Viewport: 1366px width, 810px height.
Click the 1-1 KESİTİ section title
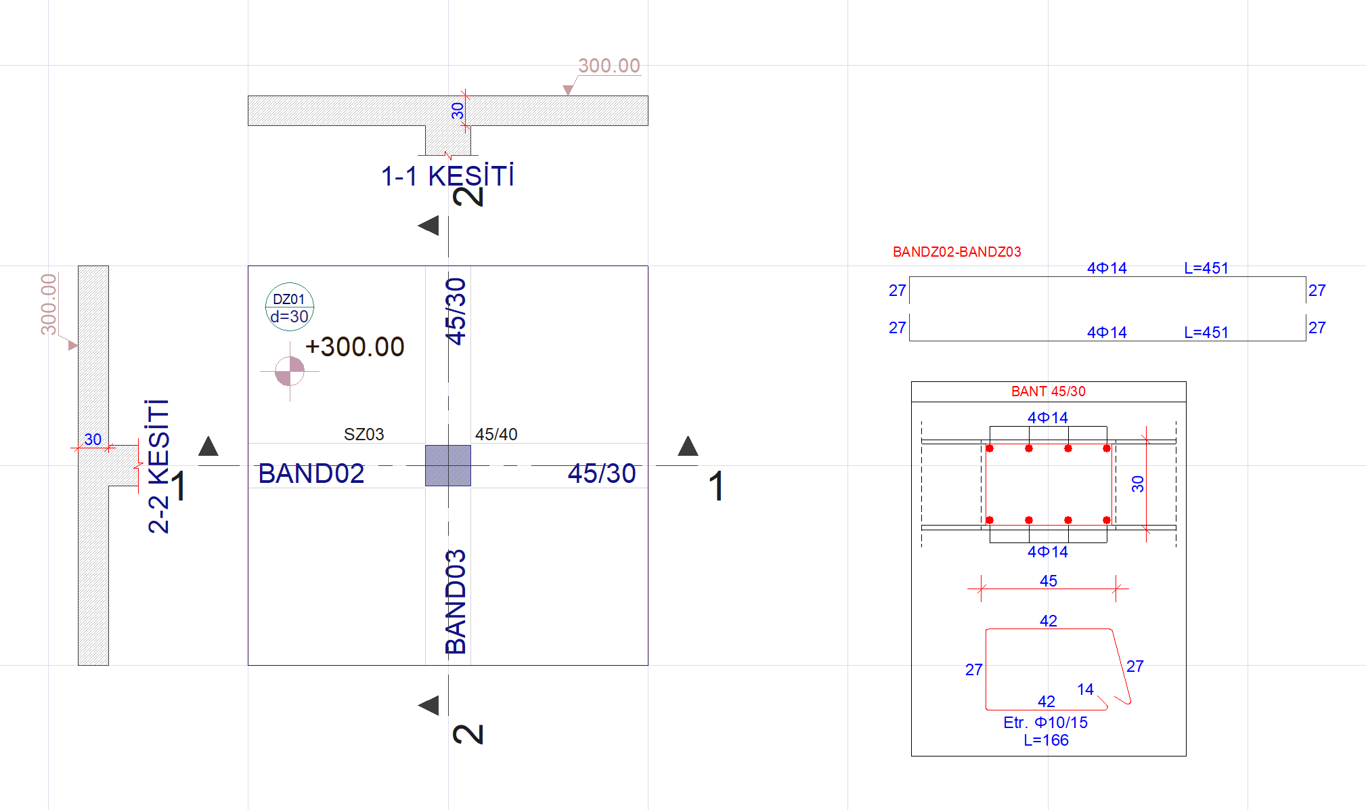pyautogui.click(x=447, y=176)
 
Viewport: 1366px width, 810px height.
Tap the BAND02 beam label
pyautogui.click(x=311, y=473)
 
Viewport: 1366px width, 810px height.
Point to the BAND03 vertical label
pyautogui.click(x=456, y=601)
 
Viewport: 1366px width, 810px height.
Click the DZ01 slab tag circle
pyautogui.click(x=290, y=307)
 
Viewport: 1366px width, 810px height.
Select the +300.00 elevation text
pyautogui.click(x=355, y=347)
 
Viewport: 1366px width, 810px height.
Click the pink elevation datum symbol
pyautogui.click(x=290, y=371)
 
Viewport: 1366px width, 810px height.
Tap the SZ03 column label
pyautogui.click(x=363, y=434)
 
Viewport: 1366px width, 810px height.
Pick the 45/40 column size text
pyautogui.click(x=496, y=434)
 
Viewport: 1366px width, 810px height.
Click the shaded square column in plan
pyautogui.click(x=447, y=465)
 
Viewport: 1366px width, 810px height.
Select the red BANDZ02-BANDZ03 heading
pyautogui.click(x=956, y=252)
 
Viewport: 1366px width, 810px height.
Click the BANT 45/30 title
pyautogui.click(x=1048, y=391)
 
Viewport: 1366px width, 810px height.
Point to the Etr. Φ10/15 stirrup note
pyautogui.click(x=1045, y=723)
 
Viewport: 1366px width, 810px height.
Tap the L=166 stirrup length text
pyautogui.click(x=1046, y=740)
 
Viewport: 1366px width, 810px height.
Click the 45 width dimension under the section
pyautogui.click(x=1049, y=581)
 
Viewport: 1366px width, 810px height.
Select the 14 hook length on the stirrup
pyautogui.click(x=1085, y=689)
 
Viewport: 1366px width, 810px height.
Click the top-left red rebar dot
pyautogui.click(x=990, y=448)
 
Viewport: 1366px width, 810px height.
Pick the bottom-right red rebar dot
pyautogui.click(x=1107, y=520)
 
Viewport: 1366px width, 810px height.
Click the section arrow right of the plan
pyautogui.click(x=688, y=446)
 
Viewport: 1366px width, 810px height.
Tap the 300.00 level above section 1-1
pyautogui.click(x=609, y=66)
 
